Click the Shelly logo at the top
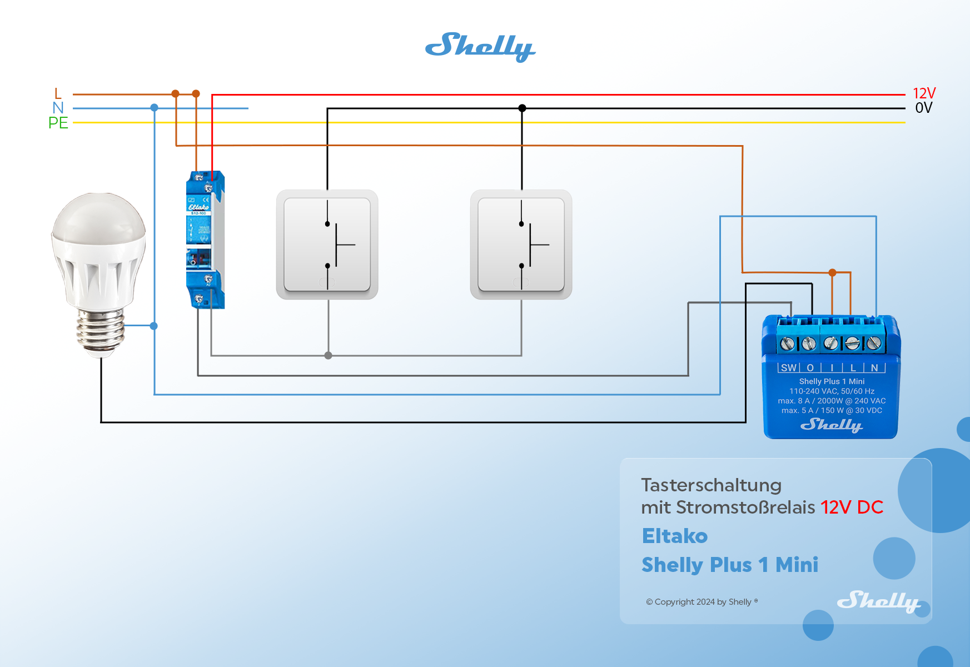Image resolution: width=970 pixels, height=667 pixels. [480, 47]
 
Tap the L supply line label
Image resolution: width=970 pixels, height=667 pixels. [58, 93]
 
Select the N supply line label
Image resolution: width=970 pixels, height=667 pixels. [58, 108]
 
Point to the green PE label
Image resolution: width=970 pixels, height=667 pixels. [58, 123]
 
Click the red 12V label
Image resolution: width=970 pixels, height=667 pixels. [924, 93]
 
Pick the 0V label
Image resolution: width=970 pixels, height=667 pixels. [923, 108]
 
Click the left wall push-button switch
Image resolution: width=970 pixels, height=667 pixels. [327, 245]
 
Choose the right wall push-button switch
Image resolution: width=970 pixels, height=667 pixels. [521, 245]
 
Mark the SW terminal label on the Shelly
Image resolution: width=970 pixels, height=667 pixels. [788, 368]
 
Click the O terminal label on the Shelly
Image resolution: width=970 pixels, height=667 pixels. [810, 368]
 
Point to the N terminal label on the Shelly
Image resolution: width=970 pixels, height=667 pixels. [874, 368]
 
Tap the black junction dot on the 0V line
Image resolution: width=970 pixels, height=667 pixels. [522, 108]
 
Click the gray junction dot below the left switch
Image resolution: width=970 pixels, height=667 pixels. [328, 356]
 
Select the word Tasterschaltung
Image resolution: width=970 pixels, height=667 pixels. [711, 485]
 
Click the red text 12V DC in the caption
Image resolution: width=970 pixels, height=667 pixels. [852, 507]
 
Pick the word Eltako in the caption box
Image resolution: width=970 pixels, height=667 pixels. [674, 536]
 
